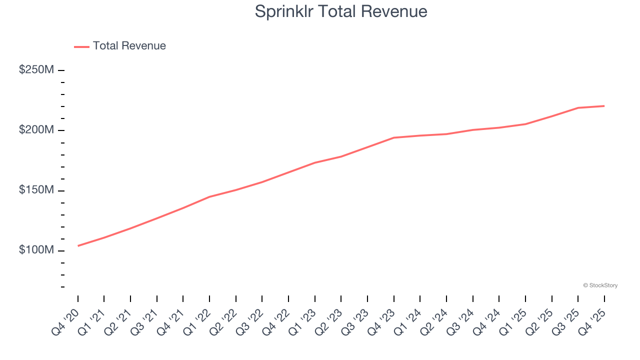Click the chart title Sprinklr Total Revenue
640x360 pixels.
pyautogui.click(x=341, y=11)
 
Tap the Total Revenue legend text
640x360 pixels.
pyautogui.click(x=129, y=46)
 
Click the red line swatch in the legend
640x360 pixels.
pyautogui.click(x=81, y=46)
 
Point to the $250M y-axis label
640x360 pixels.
pyautogui.click(x=36, y=70)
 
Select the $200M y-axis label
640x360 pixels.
pyautogui.click(x=36, y=130)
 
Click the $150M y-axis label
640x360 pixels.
pyautogui.click(x=36, y=190)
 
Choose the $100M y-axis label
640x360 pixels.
pyautogui.click(x=36, y=250)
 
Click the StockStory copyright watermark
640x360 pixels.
pyautogui.click(x=600, y=285)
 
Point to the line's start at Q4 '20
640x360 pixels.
pyautogui.click(x=78, y=246)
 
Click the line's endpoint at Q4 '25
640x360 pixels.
pyautogui.click(x=604, y=106)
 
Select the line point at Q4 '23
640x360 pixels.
pyautogui.click(x=394, y=137)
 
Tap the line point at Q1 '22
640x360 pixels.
pyautogui.click(x=209, y=196)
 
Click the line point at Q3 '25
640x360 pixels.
pyautogui.click(x=578, y=108)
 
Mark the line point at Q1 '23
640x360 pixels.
pyautogui.click(x=315, y=162)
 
